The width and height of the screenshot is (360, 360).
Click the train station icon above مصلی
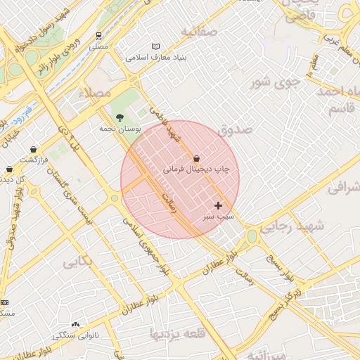98,34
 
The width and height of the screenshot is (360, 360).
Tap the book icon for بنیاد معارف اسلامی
156,46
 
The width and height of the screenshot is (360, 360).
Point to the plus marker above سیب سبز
218,205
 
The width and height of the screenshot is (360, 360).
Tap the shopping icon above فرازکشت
34,149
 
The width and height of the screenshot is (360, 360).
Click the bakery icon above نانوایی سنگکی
75,324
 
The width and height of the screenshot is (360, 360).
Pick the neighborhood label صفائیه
196,32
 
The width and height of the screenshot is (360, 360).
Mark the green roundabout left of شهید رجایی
251,236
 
